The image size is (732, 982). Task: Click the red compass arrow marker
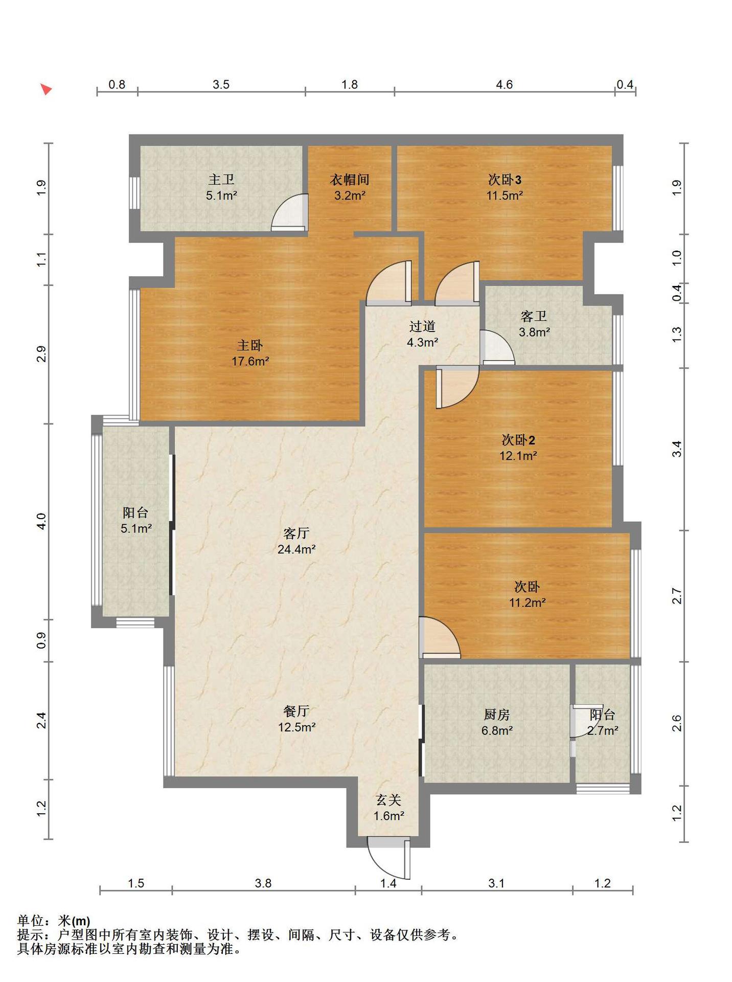point(46,90)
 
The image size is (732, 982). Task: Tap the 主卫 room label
point(221,180)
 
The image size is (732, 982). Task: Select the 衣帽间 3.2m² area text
point(350,195)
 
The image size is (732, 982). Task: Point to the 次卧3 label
point(505,180)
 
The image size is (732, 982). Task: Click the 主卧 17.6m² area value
point(250,361)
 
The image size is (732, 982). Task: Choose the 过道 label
point(422,326)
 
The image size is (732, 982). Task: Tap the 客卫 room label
point(534,316)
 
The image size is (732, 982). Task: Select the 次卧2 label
point(518,439)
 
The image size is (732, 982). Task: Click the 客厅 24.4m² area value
point(296,549)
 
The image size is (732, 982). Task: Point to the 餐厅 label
point(296,711)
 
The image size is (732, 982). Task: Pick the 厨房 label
point(497,714)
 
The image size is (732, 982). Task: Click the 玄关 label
point(388,799)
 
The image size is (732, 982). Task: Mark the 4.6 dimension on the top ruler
point(505,84)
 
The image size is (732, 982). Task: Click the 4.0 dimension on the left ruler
point(41,521)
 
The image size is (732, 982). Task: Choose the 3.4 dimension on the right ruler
point(677,449)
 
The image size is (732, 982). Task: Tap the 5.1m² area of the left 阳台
point(136,528)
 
